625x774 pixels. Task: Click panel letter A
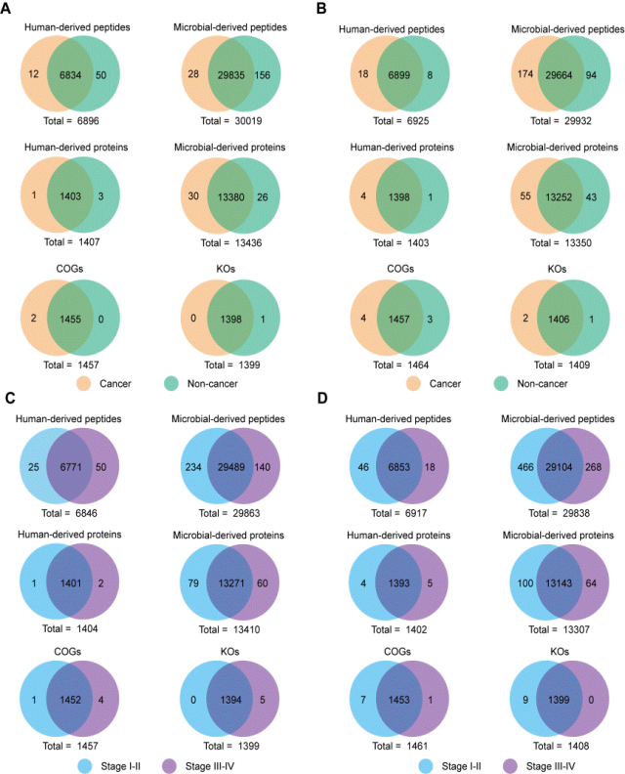[9, 12]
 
